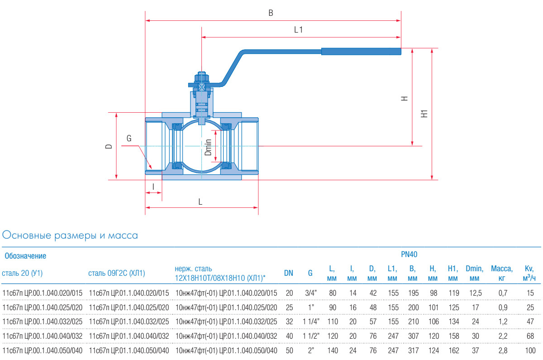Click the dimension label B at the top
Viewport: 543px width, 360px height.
coord(271,13)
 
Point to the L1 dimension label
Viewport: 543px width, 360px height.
coord(298,30)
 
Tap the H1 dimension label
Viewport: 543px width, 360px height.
coord(424,114)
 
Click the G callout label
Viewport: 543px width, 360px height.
coord(129,139)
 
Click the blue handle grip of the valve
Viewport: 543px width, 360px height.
coord(361,51)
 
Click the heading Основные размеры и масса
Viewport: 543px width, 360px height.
coord(70,235)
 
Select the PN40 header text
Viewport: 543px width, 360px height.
coord(409,255)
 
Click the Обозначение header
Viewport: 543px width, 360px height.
coord(25,256)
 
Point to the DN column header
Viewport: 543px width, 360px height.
coord(288,273)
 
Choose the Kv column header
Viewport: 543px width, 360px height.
coord(529,273)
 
